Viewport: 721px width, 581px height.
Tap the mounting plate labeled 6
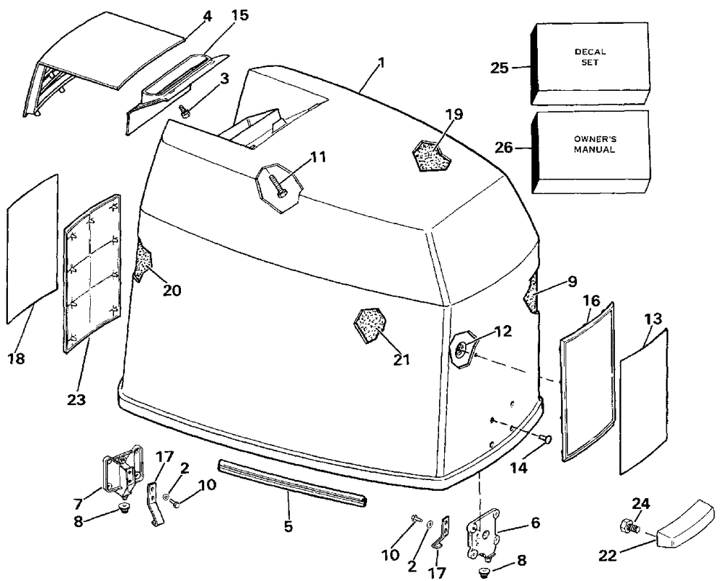[x=480, y=534]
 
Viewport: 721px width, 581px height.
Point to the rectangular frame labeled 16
[x=588, y=381]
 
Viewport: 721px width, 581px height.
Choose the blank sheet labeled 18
[x=32, y=249]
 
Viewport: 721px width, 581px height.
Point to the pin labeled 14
[x=547, y=438]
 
